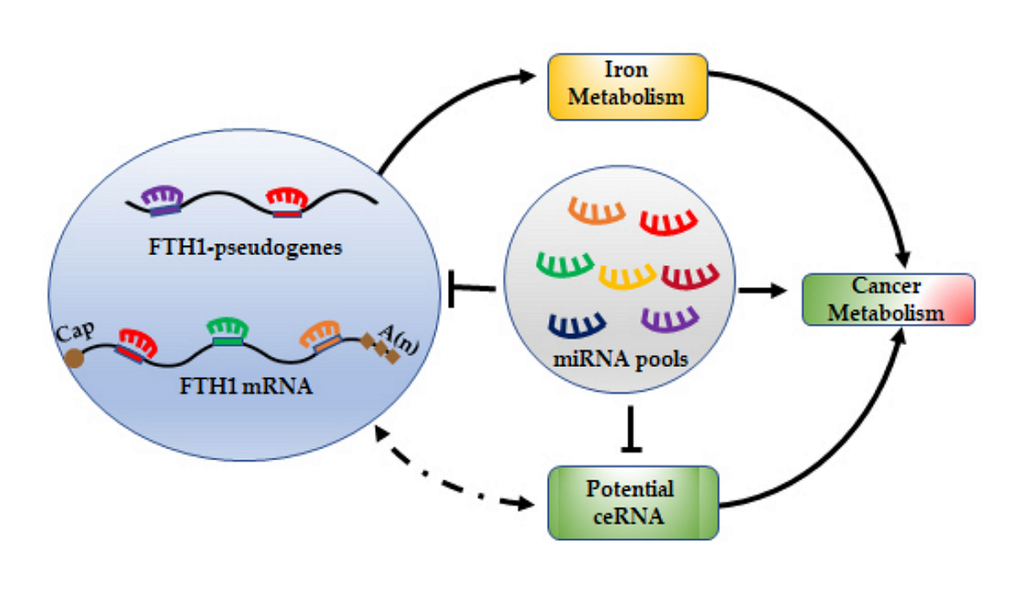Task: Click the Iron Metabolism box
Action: (x=627, y=86)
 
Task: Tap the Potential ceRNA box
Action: (x=633, y=502)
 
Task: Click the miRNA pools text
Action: (x=620, y=360)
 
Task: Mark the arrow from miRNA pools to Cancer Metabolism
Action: (x=763, y=291)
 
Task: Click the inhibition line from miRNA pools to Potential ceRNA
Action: (x=633, y=428)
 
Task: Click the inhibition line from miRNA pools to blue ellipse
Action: (x=472, y=289)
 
